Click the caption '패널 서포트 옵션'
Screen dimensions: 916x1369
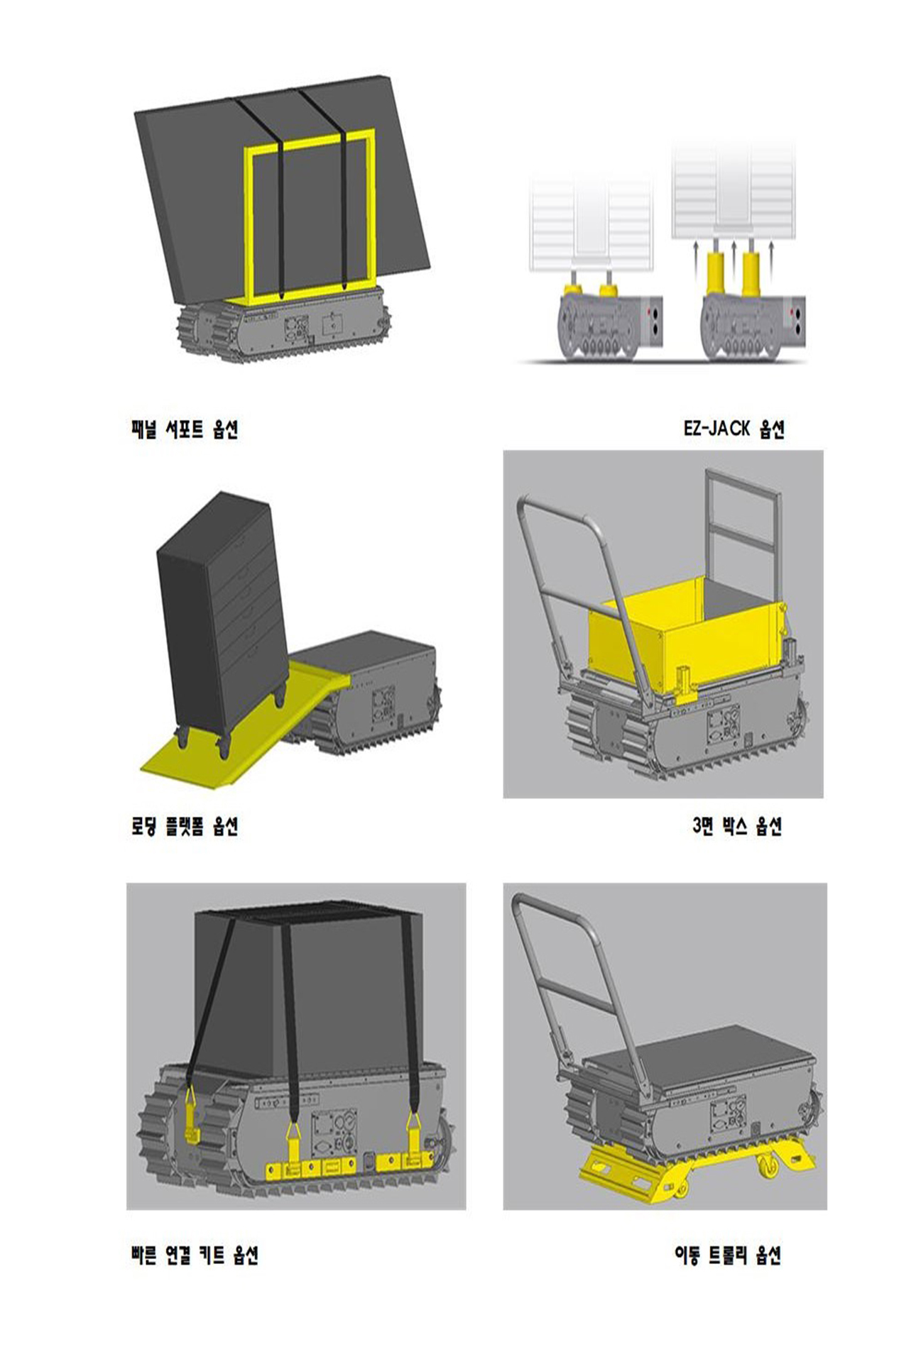tap(185, 429)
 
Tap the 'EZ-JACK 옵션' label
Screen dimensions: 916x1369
tap(734, 429)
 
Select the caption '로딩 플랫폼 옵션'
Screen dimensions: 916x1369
tap(185, 826)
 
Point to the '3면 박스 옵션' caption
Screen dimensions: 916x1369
tap(737, 826)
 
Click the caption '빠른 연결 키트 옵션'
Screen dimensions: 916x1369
tap(195, 1255)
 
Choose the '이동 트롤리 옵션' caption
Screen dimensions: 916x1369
tap(728, 1255)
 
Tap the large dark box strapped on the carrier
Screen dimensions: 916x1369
tap(309, 994)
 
